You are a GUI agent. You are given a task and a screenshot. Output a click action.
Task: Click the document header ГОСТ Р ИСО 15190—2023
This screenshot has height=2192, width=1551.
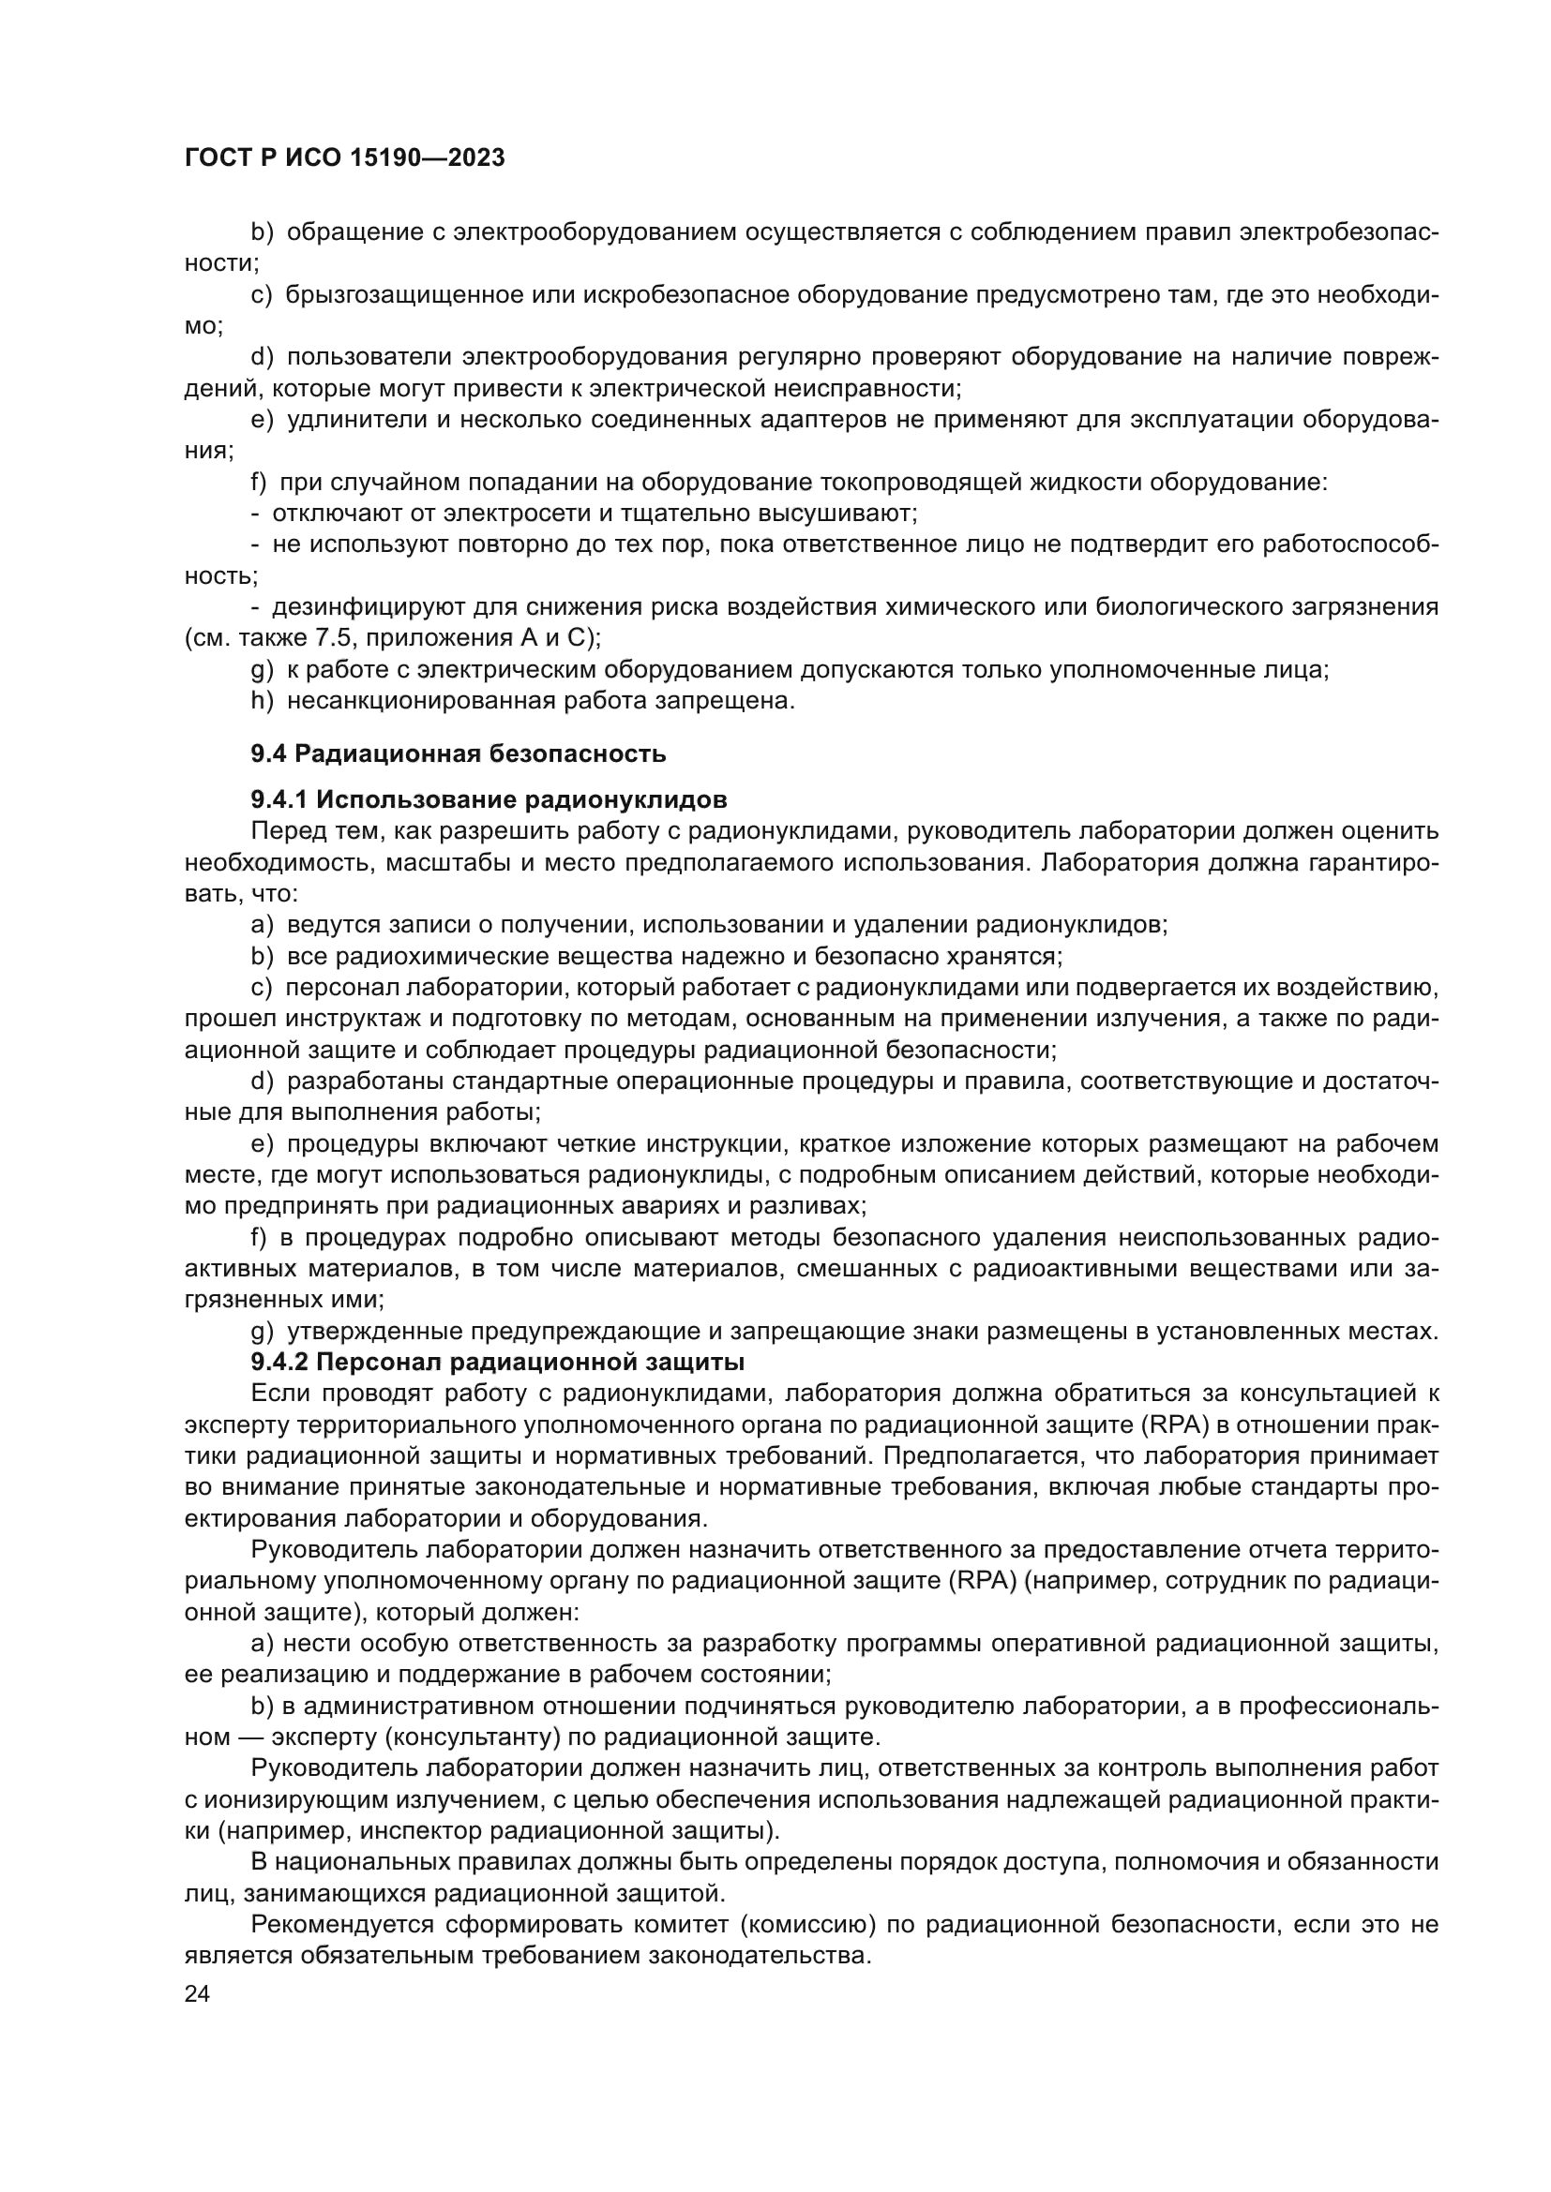coord(344,158)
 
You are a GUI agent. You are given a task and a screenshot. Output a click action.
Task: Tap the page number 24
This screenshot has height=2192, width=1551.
coord(197,1993)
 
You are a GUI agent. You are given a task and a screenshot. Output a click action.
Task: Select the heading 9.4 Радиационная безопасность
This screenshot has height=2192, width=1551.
coord(459,753)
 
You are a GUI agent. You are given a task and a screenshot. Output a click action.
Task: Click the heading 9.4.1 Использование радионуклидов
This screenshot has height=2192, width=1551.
coord(489,799)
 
